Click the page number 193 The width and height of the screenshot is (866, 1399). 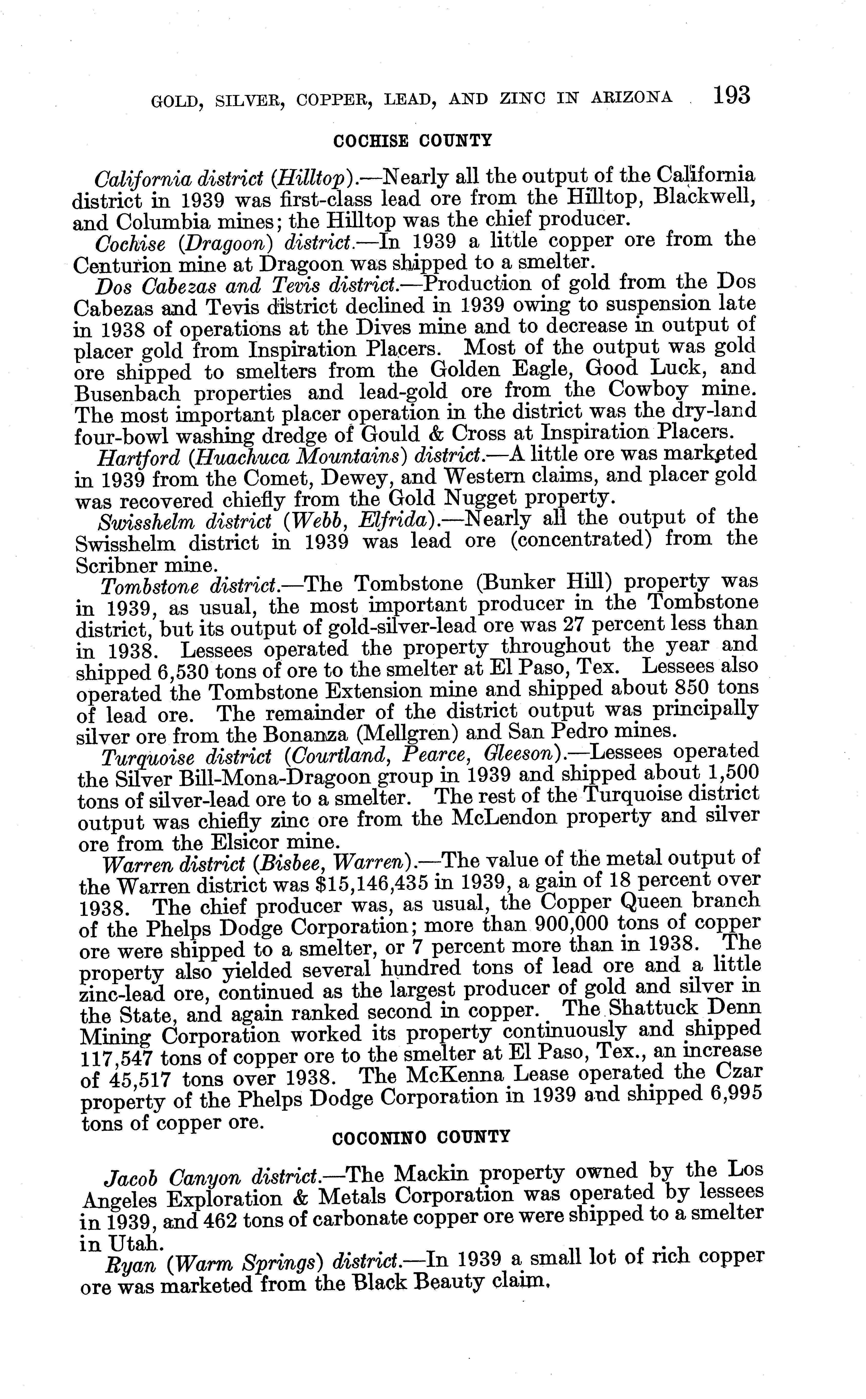click(732, 96)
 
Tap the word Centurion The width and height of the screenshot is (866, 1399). click(122, 265)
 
